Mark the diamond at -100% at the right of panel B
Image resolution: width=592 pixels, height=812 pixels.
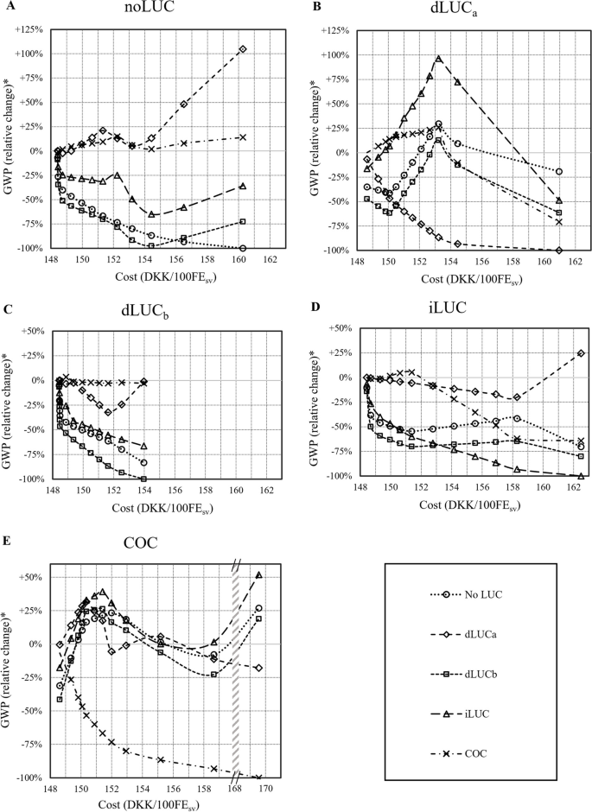(x=559, y=251)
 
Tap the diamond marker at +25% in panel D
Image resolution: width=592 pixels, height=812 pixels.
(x=580, y=353)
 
